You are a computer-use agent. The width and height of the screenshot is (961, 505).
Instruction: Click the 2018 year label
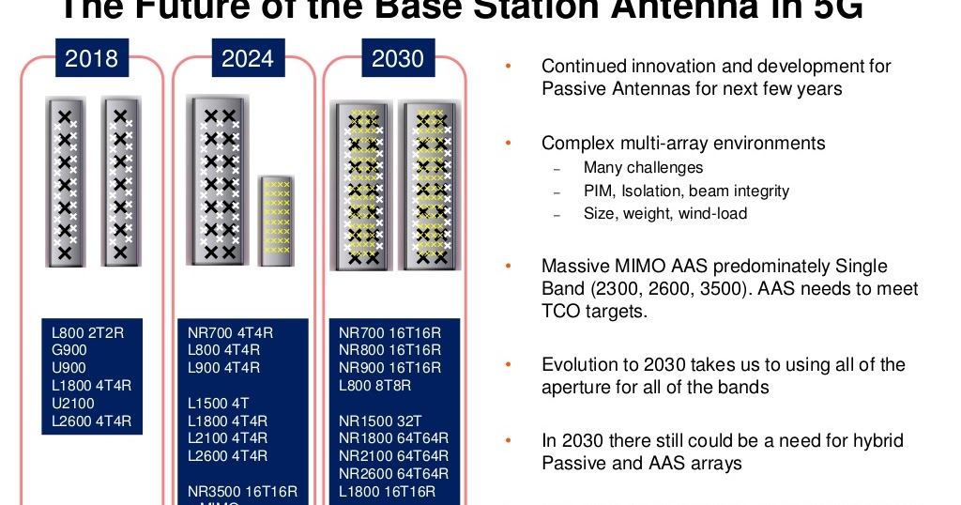tap(91, 59)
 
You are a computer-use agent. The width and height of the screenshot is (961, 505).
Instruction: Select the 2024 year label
tap(248, 59)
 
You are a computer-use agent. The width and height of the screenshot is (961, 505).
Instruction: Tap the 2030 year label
tap(398, 59)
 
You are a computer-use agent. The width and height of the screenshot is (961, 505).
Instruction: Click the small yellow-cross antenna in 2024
tap(276, 216)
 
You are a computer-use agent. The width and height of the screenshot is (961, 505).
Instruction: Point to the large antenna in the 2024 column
tap(220, 180)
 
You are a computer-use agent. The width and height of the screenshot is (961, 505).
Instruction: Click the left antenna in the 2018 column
tap(66, 180)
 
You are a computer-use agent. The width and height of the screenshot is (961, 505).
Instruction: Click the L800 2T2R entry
tap(87, 332)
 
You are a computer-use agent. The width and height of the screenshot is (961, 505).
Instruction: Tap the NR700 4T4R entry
tap(230, 332)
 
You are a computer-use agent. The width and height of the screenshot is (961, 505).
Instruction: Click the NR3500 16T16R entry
tap(242, 491)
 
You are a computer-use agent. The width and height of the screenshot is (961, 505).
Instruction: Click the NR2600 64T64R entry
tap(394, 473)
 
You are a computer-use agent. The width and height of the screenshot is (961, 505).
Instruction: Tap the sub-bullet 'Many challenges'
tap(643, 168)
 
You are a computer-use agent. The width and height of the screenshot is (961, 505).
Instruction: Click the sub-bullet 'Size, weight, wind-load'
tap(664, 213)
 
